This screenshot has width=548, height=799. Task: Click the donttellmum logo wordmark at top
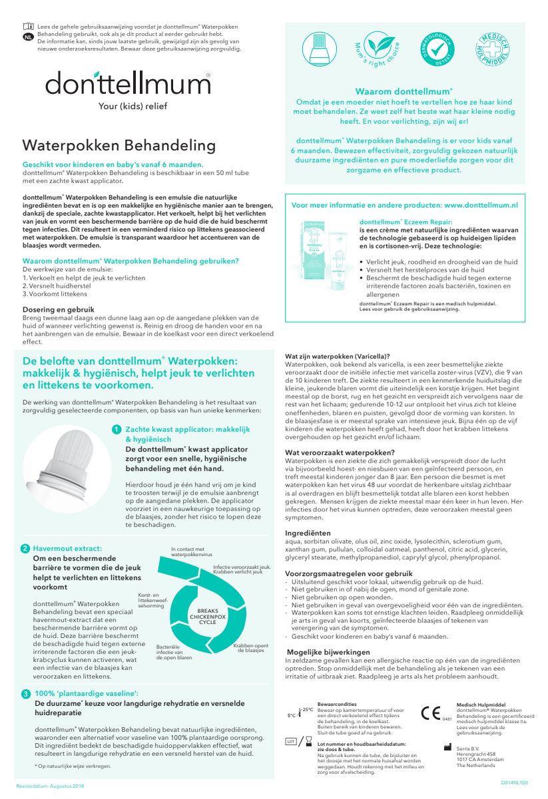tap(128, 84)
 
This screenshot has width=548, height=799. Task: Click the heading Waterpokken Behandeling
tap(119, 146)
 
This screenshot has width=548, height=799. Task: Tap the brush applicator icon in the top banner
tap(320, 49)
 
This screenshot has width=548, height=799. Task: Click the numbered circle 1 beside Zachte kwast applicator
tap(117, 431)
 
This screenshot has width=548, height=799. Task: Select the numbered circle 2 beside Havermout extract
tap(25, 549)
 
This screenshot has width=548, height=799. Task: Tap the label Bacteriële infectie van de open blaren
tap(174, 652)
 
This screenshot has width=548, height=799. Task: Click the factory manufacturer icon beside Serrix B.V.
tap(447, 748)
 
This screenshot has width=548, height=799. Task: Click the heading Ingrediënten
tap(308, 533)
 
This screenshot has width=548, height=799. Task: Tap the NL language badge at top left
tap(27, 37)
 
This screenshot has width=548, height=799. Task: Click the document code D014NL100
tap(513, 783)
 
